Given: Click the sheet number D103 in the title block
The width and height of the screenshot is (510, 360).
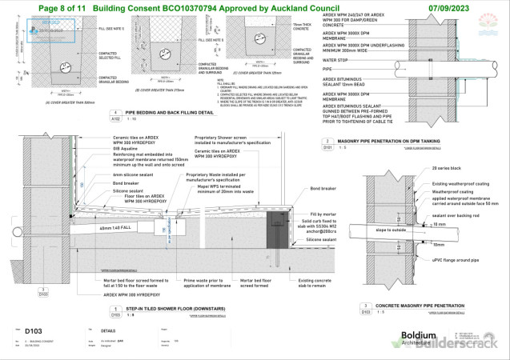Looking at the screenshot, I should coord(33,330).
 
